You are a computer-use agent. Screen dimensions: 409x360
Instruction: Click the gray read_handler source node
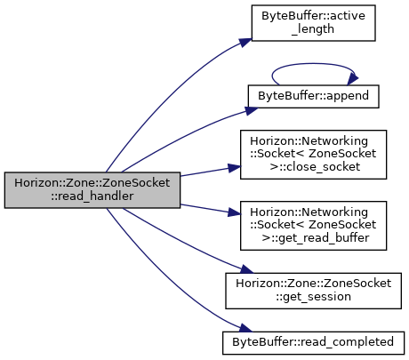pyautogui.click(x=92, y=190)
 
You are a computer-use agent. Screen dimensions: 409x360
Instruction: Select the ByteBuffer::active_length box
pyautogui.click(x=313, y=23)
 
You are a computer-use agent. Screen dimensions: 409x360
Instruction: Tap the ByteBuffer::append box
pyautogui.click(x=313, y=96)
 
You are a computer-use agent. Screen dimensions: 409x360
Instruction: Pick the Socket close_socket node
pyautogui.click(x=313, y=155)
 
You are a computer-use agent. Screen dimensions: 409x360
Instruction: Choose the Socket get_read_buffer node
pyautogui.click(x=313, y=226)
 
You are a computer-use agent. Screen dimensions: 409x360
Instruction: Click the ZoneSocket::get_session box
pyautogui.click(x=313, y=291)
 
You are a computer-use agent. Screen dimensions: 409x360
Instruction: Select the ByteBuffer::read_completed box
pyautogui.click(x=313, y=343)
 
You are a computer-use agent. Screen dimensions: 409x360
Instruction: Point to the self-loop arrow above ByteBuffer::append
pyautogui.click(x=313, y=63)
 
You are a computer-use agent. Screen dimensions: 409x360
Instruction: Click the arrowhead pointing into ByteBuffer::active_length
pyautogui.click(x=245, y=43)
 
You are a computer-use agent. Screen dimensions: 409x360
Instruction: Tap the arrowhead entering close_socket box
pyautogui.click(x=234, y=168)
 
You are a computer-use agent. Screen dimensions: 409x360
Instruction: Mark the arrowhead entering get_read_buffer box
pyautogui.click(x=234, y=212)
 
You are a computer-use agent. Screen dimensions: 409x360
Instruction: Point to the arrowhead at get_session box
pyautogui.click(x=246, y=269)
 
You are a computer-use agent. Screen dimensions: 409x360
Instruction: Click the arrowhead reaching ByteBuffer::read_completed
pyautogui.click(x=245, y=328)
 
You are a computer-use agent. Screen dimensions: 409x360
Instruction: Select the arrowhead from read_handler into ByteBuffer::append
pyautogui.click(x=252, y=111)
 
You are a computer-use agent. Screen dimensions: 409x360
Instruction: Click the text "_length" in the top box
pyautogui.click(x=313, y=29)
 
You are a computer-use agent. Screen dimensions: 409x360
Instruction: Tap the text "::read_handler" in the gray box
pyautogui.click(x=92, y=196)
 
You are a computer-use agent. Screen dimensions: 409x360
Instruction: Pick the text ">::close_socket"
pyautogui.click(x=315, y=167)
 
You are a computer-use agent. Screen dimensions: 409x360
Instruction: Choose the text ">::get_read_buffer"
pyautogui.click(x=316, y=238)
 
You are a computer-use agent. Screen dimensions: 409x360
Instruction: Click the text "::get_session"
pyautogui.click(x=313, y=297)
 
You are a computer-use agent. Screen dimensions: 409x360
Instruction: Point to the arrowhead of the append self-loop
pyautogui.click(x=353, y=79)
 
